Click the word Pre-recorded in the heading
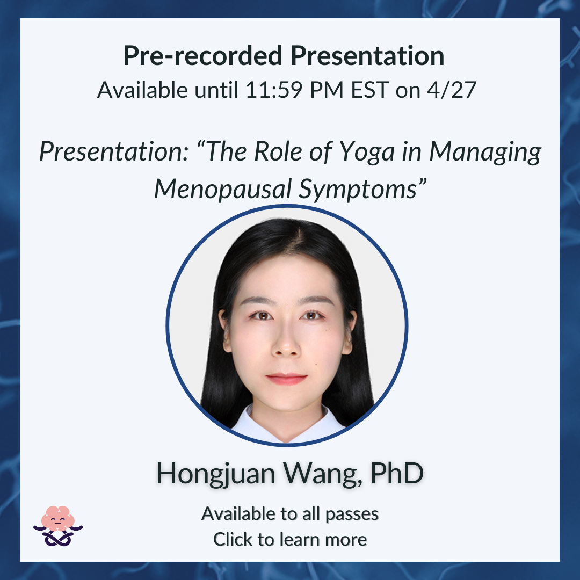click(202, 55)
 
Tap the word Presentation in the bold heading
click(367, 55)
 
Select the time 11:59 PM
click(294, 90)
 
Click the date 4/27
click(452, 90)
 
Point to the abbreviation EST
click(370, 90)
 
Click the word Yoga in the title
click(367, 153)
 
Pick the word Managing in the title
click(485, 153)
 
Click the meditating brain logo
click(58, 526)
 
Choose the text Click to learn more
click(290, 539)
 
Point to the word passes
click(352, 514)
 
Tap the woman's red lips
click(286, 379)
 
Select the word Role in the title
click(278, 151)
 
